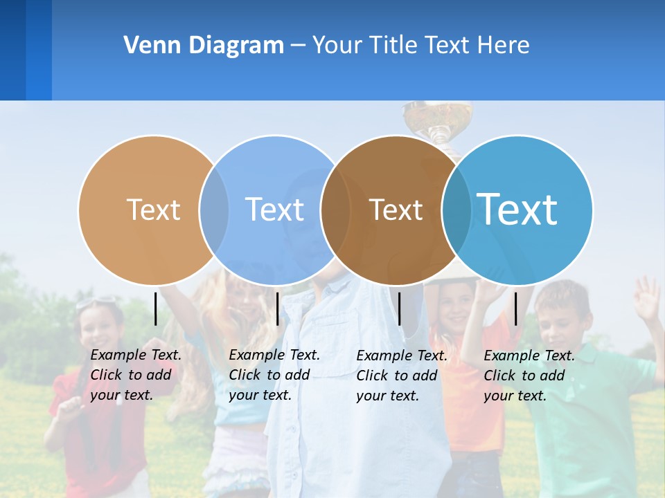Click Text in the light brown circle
(153, 210)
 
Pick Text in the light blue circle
(274, 210)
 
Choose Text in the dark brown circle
(396, 210)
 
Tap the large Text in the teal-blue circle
(517, 209)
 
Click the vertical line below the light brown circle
(156, 308)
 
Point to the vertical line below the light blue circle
(277, 308)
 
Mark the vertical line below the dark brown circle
(399, 308)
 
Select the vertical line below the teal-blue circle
(515, 308)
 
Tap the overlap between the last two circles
(456, 210)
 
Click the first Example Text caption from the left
(136, 375)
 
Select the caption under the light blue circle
(274, 375)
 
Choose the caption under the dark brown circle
(402, 376)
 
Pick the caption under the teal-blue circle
(529, 376)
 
